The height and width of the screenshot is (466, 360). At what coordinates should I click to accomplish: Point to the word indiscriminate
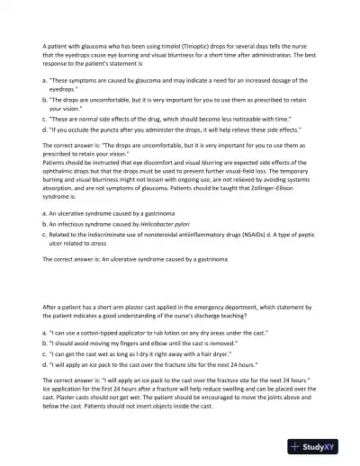click(x=110, y=232)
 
